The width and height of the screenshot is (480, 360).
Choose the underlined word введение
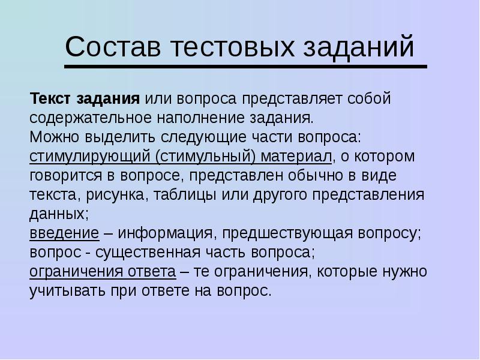click(x=64, y=233)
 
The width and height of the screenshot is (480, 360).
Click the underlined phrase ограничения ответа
click(x=103, y=272)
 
